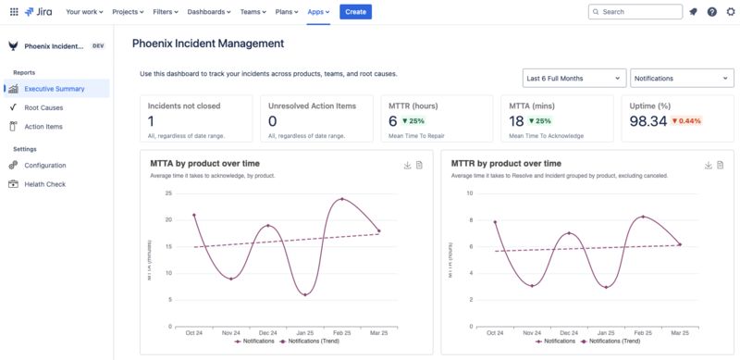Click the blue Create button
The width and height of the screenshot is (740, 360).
pyautogui.click(x=355, y=12)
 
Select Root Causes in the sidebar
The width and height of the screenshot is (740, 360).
pyautogui.click(x=43, y=107)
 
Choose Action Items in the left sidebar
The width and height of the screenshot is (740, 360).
pyautogui.click(x=43, y=127)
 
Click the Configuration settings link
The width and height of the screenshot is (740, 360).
pyautogui.click(x=45, y=165)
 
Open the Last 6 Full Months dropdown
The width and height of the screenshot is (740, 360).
pyautogui.click(x=573, y=79)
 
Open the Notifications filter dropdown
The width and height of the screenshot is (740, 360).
pyautogui.click(x=682, y=79)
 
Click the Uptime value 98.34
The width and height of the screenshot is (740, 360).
pyautogui.click(x=647, y=121)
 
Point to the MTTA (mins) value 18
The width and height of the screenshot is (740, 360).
pyautogui.click(x=516, y=121)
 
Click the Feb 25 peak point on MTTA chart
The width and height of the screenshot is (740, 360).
pyautogui.click(x=342, y=199)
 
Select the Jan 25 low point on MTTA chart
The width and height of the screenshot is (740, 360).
pyautogui.click(x=304, y=294)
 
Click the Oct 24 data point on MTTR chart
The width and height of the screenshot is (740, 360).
pyautogui.click(x=496, y=222)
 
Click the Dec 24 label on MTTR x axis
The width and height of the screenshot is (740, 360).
pyautogui.click(x=570, y=332)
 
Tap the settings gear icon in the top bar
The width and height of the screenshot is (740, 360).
pyautogui.click(x=731, y=12)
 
